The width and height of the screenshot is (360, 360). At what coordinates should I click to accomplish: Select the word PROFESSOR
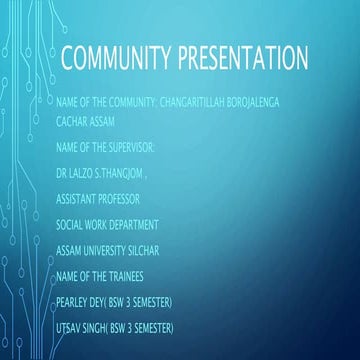tap(122, 199)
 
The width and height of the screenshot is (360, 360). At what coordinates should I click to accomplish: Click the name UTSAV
tap(73, 327)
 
